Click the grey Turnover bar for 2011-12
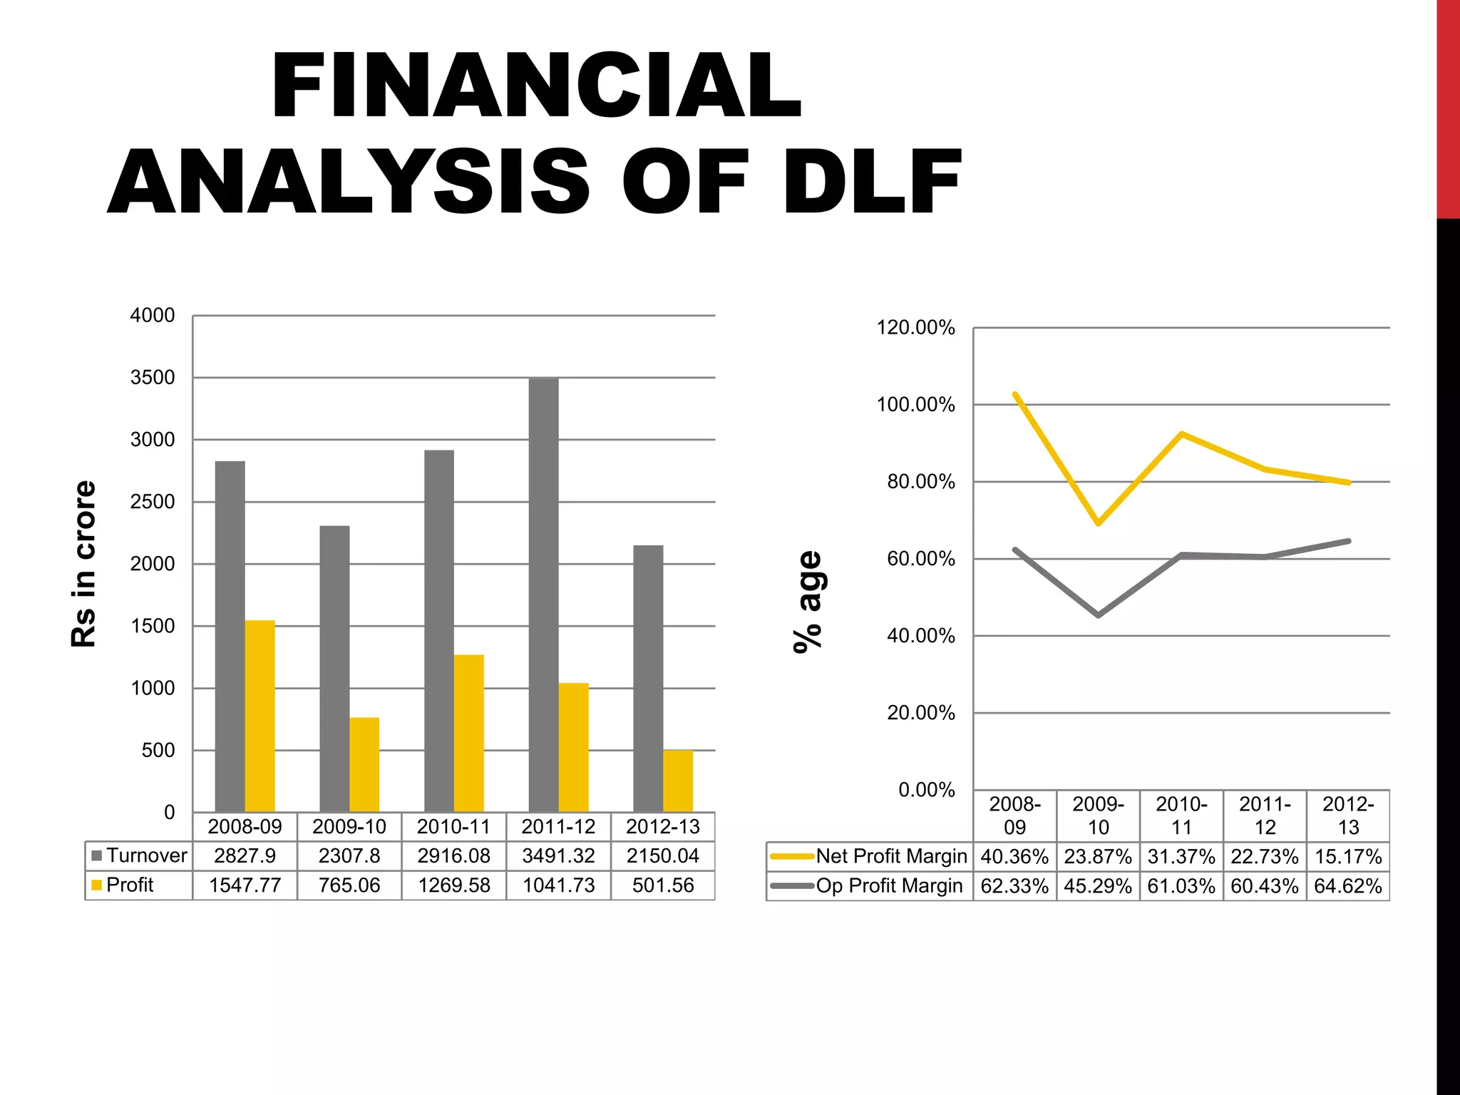click(543, 595)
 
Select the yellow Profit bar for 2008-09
click(259, 716)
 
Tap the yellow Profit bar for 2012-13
click(677, 781)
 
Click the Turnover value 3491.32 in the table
click(558, 855)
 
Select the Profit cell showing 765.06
click(349, 885)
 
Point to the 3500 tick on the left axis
click(153, 377)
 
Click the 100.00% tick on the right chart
click(915, 405)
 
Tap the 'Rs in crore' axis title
click(83, 563)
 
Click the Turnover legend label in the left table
click(146, 855)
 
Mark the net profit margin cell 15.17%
click(1348, 856)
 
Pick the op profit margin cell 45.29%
click(1098, 886)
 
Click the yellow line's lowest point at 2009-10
click(1099, 523)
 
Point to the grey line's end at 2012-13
click(1348, 541)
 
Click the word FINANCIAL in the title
click(537, 86)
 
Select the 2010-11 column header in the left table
click(453, 827)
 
